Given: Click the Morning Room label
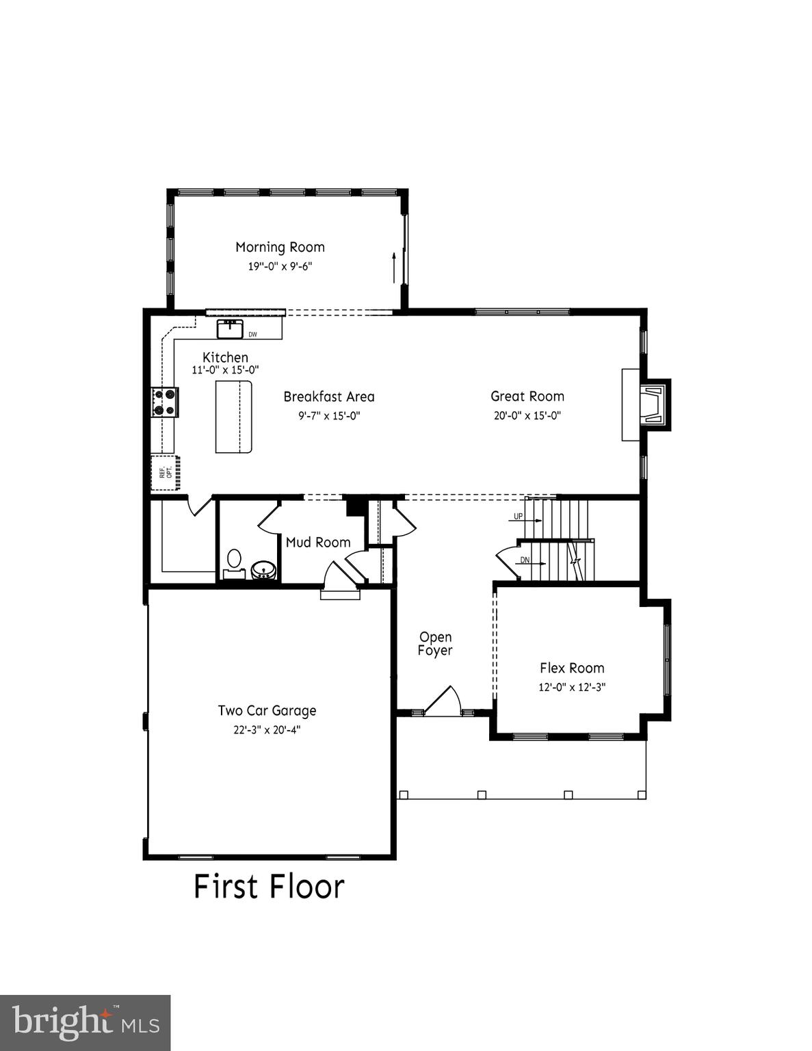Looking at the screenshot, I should pos(280,247).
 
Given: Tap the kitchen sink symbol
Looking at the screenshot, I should pos(230,329).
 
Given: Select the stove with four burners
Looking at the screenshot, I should pos(165,402).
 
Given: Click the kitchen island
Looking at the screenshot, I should pos(234,417).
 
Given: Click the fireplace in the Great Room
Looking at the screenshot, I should pos(651,404).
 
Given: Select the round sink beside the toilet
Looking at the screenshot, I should pos(263,570).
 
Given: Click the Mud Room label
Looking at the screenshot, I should pos(318,542).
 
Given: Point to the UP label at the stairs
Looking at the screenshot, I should pos(518,516).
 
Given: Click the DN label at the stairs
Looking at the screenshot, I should pos(525,560).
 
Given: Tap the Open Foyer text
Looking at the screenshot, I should pos(435,644).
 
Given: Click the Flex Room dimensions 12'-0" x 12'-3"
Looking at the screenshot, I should pos(572,687).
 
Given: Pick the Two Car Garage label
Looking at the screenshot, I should pos(267,710).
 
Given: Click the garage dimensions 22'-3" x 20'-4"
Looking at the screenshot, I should pos(267,729).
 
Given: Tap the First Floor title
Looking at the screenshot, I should pos(269,886).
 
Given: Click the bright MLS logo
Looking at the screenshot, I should pos(85,1023).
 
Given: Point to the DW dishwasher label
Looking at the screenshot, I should pos(252,335).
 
